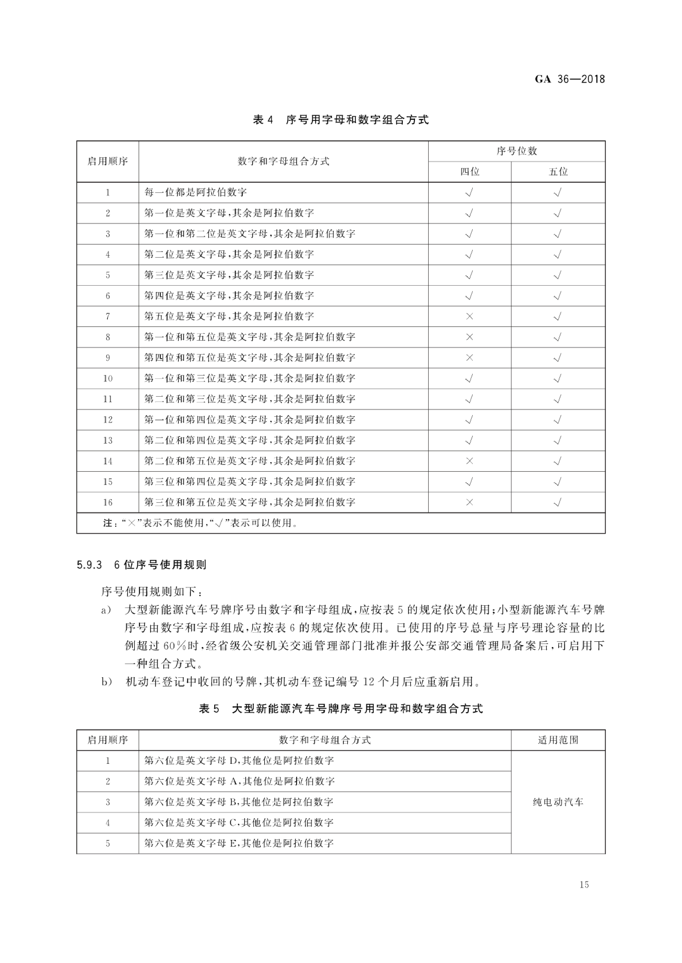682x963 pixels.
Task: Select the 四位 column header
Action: pyautogui.click(x=469, y=172)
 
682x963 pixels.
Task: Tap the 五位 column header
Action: pyautogui.click(x=558, y=172)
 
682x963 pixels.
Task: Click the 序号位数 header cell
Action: pyautogui.click(x=516, y=151)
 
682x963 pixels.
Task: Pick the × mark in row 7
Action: pyautogui.click(x=469, y=317)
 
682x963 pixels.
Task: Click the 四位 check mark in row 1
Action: pyautogui.click(x=469, y=193)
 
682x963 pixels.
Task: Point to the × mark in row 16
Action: pyautogui.click(x=469, y=502)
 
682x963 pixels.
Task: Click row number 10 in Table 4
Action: pyautogui.click(x=108, y=379)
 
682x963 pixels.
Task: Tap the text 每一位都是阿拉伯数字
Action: pyautogui.click(x=196, y=193)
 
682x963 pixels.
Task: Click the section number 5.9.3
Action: pyautogui.click(x=89, y=565)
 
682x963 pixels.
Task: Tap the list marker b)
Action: pyautogui.click(x=107, y=682)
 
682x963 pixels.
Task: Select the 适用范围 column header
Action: pyautogui.click(x=558, y=740)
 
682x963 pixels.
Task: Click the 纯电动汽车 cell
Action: pyautogui.click(x=558, y=802)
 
